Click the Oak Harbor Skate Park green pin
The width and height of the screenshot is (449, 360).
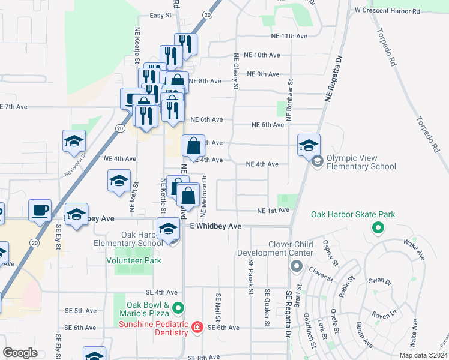[x=378, y=227]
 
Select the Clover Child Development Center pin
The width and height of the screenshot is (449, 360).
[x=295, y=266]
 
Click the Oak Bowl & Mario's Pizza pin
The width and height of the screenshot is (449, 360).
[x=178, y=308]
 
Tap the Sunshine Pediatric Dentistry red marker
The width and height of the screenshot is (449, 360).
[x=197, y=328]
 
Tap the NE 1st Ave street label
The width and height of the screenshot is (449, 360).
[x=273, y=211]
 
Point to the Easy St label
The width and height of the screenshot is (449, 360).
[x=160, y=16]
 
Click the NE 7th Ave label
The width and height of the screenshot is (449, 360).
[x=14, y=107]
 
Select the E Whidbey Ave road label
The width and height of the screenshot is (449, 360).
[x=215, y=226]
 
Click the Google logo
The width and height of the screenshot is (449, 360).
[x=20, y=353]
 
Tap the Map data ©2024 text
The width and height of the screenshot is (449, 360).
[x=423, y=355]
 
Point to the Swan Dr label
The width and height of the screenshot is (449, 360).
[x=379, y=281]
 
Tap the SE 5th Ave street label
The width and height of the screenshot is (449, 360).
[x=82, y=311]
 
